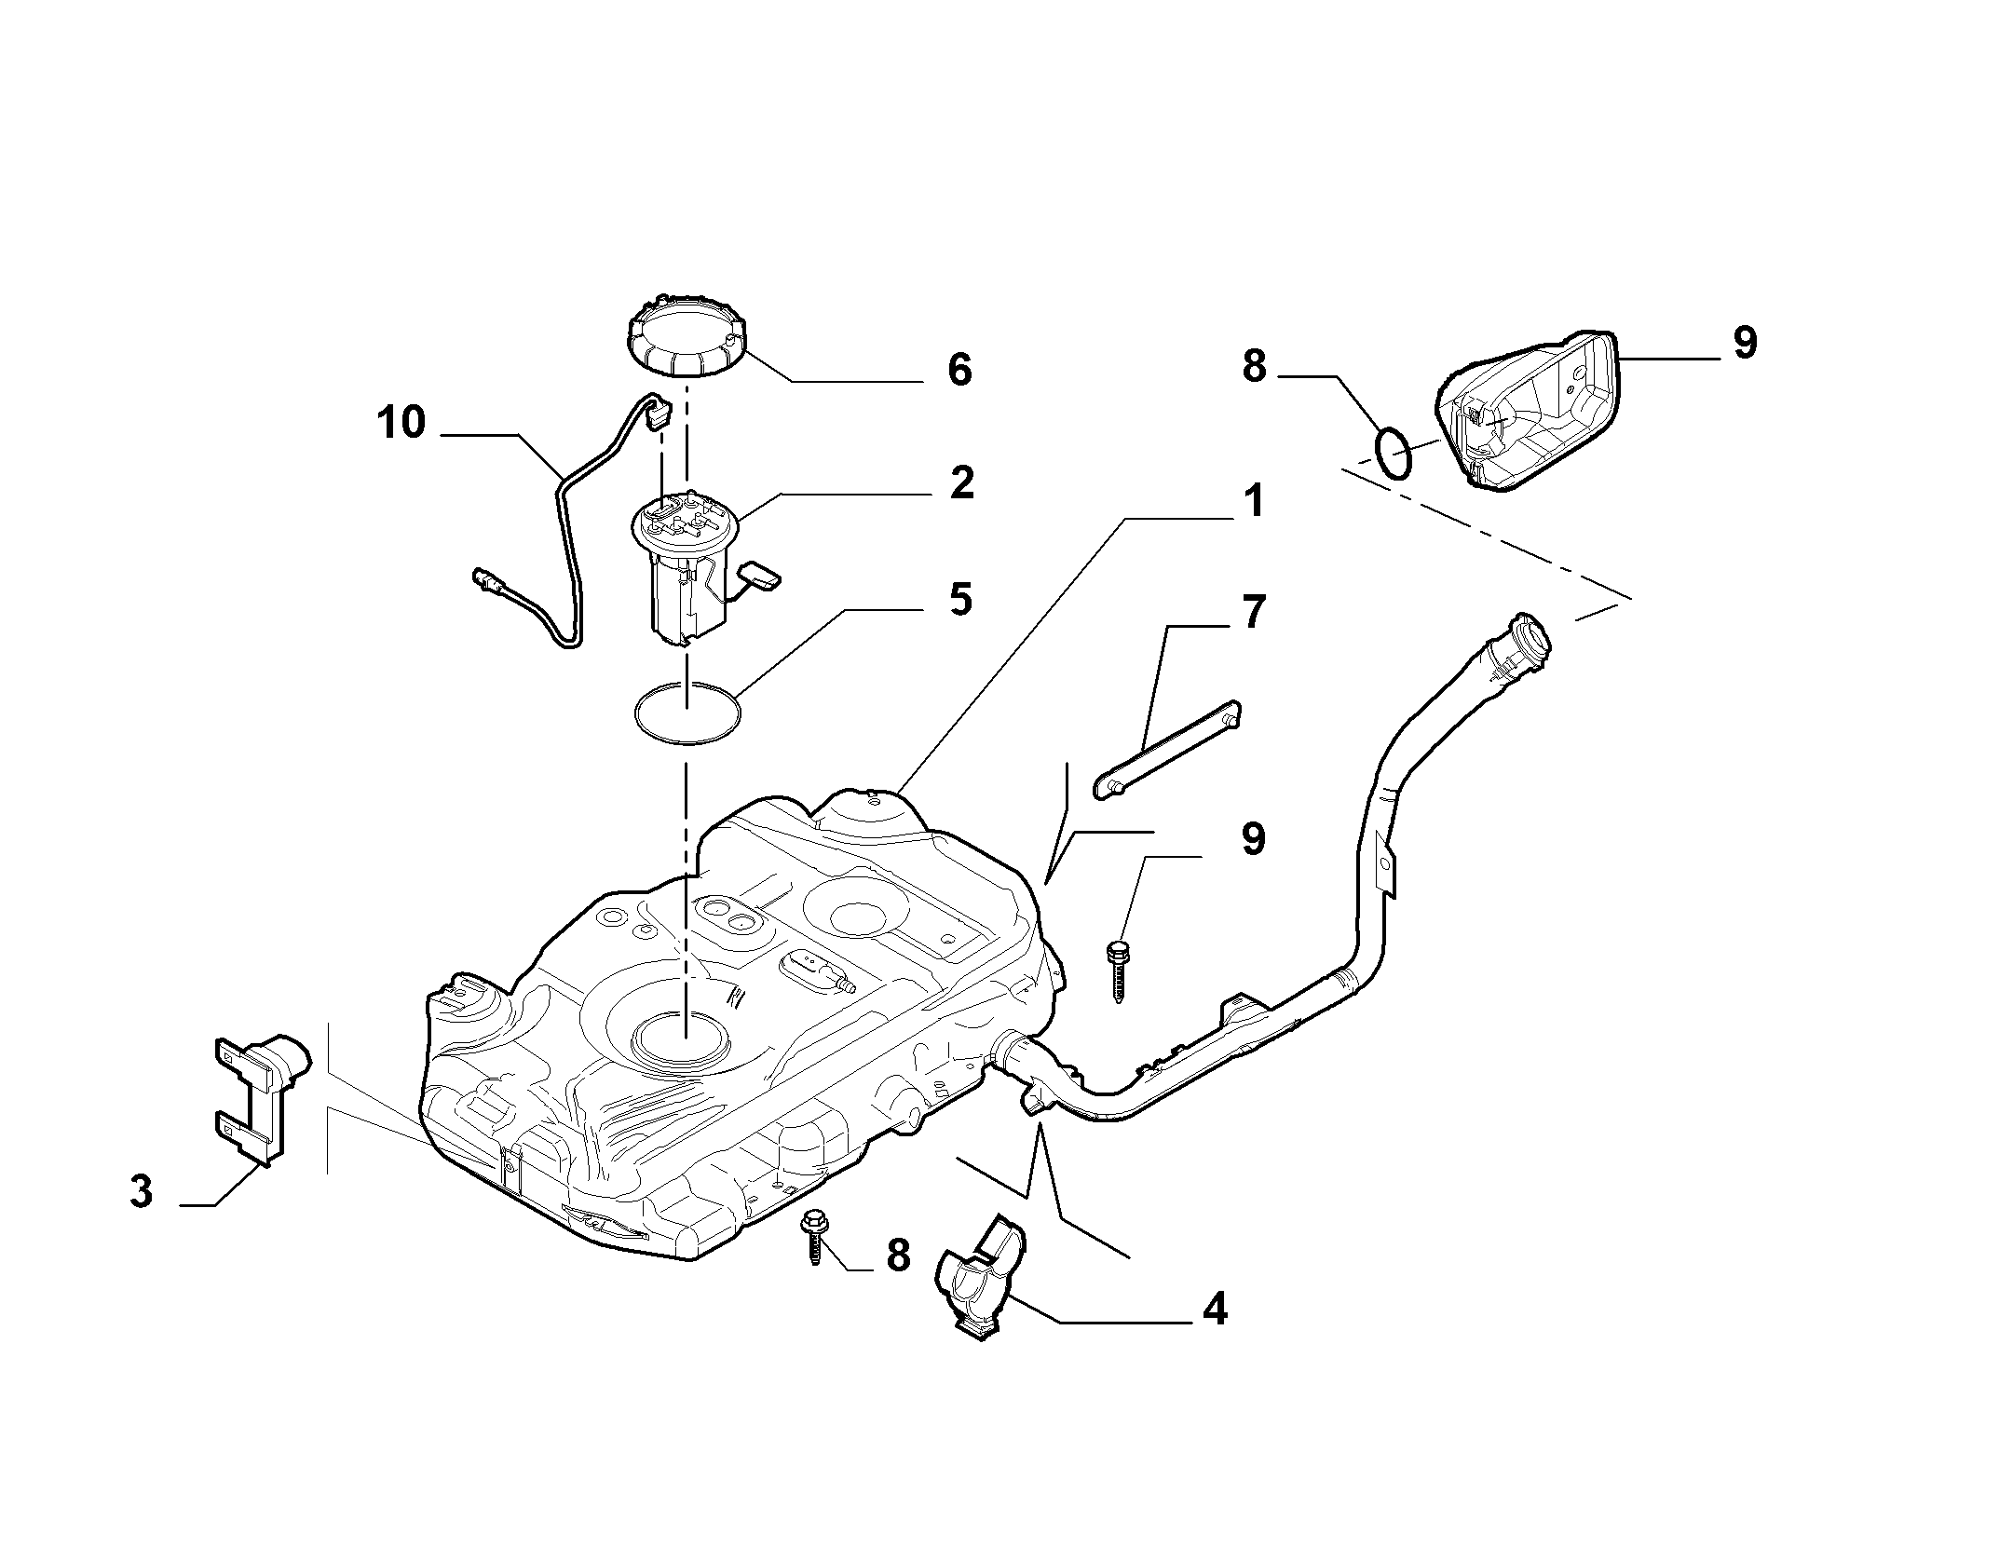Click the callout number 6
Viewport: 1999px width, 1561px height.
pyautogui.click(x=959, y=370)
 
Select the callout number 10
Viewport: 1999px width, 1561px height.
pyautogui.click(x=401, y=423)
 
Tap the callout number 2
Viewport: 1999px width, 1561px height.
pyautogui.click(x=961, y=482)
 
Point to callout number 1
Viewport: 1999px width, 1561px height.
pyautogui.click(x=1254, y=501)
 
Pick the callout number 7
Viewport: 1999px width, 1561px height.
pyautogui.click(x=1254, y=613)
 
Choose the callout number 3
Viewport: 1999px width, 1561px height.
pyautogui.click(x=141, y=1191)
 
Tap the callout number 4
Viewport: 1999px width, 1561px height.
pyautogui.click(x=1215, y=1310)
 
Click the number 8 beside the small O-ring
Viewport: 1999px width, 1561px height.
pyautogui.click(x=1255, y=367)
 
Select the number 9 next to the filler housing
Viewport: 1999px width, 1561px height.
pyautogui.click(x=1745, y=343)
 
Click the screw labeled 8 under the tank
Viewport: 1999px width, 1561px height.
pyautogui.click(x=813, y=1237)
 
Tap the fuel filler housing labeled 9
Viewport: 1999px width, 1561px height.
pyautogui.click(x=1528, y=410)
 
